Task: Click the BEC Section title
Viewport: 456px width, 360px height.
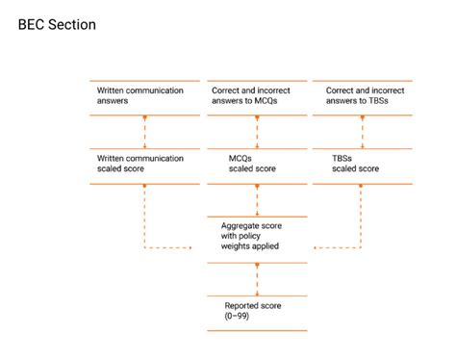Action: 57,24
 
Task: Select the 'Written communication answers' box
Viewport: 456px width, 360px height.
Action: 143,96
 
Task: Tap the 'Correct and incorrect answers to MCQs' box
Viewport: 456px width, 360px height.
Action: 257,96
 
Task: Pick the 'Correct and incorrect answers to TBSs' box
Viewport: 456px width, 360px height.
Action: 370,96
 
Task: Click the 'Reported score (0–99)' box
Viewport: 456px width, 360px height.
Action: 257,311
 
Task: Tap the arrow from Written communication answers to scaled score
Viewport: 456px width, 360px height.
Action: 143,131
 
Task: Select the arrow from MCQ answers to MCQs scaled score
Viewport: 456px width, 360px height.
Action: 257,131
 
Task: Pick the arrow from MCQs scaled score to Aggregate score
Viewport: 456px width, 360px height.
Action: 257,200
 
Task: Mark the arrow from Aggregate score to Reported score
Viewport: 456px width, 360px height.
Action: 257,278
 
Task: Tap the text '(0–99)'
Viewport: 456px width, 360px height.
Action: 237,317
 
